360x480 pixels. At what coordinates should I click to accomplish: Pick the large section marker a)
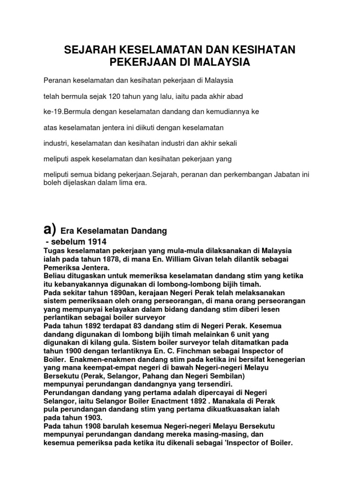pyautogui.click(x=49, y=230)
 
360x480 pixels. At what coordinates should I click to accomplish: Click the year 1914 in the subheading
pyautogui.click(x=96, y=242)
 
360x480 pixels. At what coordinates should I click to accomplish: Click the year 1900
pyautogui.click(x=72, y=351)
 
